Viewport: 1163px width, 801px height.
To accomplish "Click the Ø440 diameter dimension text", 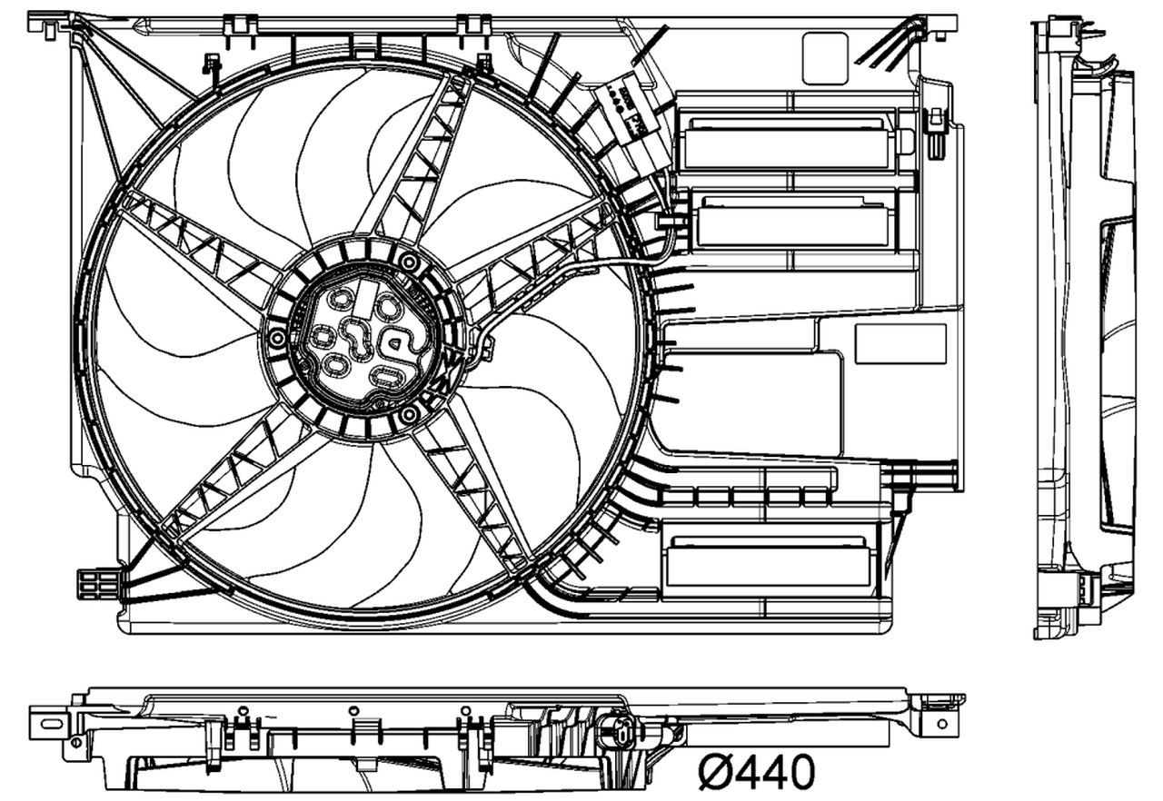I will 757,773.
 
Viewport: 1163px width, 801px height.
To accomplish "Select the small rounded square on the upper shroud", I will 825,58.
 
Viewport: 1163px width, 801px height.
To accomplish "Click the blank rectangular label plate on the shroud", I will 900,344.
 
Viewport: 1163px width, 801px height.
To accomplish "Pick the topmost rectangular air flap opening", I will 787,144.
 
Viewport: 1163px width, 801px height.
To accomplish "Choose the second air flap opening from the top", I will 792,222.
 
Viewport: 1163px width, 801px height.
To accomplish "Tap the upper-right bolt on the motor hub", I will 409,263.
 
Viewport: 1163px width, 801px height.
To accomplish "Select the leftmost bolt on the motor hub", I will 277,339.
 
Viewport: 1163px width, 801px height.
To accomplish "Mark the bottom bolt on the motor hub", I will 409,415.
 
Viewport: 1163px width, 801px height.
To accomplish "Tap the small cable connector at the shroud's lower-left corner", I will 97,583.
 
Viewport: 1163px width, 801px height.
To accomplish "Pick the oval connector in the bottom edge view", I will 618,730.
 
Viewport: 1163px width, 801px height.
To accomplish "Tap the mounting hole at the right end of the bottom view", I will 941,723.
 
